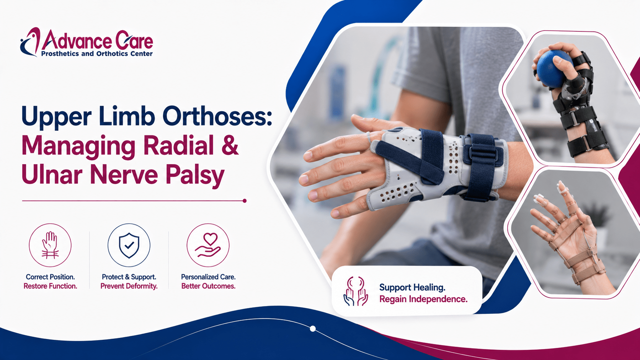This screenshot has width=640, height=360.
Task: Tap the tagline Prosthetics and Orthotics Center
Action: point(97,54)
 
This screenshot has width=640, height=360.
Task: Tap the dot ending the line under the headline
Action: point(245,201)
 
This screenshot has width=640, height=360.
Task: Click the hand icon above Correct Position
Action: point(50,245)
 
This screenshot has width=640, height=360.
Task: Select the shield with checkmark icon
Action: point(129,245)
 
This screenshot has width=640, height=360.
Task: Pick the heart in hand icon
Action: point(208,245)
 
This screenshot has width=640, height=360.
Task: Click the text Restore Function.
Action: point(50,286)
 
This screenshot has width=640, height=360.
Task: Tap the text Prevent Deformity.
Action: point(129,286)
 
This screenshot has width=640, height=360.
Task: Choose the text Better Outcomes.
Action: point(208,286)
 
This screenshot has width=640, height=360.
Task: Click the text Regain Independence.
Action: point(423,299)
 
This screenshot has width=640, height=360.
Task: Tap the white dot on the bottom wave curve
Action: point(313,329)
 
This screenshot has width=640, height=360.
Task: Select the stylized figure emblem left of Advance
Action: point(30,42)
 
